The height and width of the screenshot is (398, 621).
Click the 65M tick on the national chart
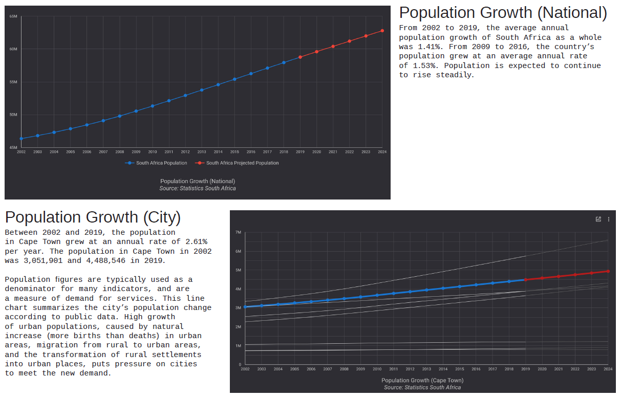(x=13, y=16)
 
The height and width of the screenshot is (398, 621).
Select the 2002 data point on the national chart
(x=21, y=139)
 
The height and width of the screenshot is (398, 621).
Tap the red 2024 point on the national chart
(x=382, y=31)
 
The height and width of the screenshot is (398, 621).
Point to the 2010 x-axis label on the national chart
(x=152, y=152)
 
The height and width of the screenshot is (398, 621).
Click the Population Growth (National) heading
(x=503, y=13)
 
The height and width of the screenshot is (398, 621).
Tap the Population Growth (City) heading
(x=93, y=217)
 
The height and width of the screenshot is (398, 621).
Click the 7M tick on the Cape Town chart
(x=238, y=232)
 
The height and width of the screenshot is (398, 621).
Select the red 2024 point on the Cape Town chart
(x=608, y=271)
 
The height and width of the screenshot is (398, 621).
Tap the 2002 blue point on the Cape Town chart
(x=245, y=306)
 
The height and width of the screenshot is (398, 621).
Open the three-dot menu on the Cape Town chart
(x=609, y=219)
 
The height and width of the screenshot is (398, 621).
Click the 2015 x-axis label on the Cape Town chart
(x=459, y=369)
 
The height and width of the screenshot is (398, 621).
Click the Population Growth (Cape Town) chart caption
(x=422, y=381)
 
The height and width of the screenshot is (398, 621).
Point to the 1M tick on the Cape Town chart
(x=238, y=346)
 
